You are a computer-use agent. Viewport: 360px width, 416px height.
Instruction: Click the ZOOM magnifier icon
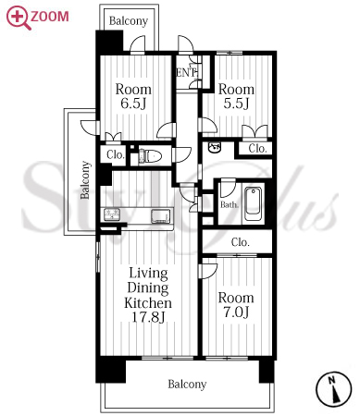pos(19,18)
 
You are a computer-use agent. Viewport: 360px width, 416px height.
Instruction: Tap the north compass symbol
pos(334,388)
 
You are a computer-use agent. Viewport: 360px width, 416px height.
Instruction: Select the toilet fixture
pos(151,156)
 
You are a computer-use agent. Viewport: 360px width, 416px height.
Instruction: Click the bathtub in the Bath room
pos(253,203)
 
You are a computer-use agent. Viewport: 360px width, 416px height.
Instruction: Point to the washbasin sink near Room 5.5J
pos(215,147)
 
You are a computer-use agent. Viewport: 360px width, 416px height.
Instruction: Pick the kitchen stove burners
pos(111,214)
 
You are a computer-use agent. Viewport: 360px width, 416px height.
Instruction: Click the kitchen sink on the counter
pos(160,215)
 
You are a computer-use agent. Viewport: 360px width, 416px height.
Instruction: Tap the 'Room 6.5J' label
pos(133,96)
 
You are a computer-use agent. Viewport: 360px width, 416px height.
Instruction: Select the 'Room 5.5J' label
pos(236,96)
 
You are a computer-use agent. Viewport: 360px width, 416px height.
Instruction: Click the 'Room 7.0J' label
pos(236,305)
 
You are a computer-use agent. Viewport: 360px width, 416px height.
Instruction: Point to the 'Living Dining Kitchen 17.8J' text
pos(148,295)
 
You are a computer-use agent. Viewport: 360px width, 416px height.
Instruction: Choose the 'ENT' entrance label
pos(186,73)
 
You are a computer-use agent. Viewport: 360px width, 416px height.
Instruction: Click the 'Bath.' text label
pos(230,204)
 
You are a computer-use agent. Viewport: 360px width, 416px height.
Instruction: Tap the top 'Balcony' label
pos(129,21)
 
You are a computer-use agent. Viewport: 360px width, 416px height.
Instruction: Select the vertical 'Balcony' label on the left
pos(85,180)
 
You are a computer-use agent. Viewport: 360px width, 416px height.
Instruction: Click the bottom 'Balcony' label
pos(187,385)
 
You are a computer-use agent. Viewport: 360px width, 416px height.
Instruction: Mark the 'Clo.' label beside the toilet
pos(116,154)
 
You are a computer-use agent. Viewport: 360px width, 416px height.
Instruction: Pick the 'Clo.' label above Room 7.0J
pos(241,242)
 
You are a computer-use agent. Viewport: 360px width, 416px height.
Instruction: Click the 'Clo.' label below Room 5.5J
pos(257,149)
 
